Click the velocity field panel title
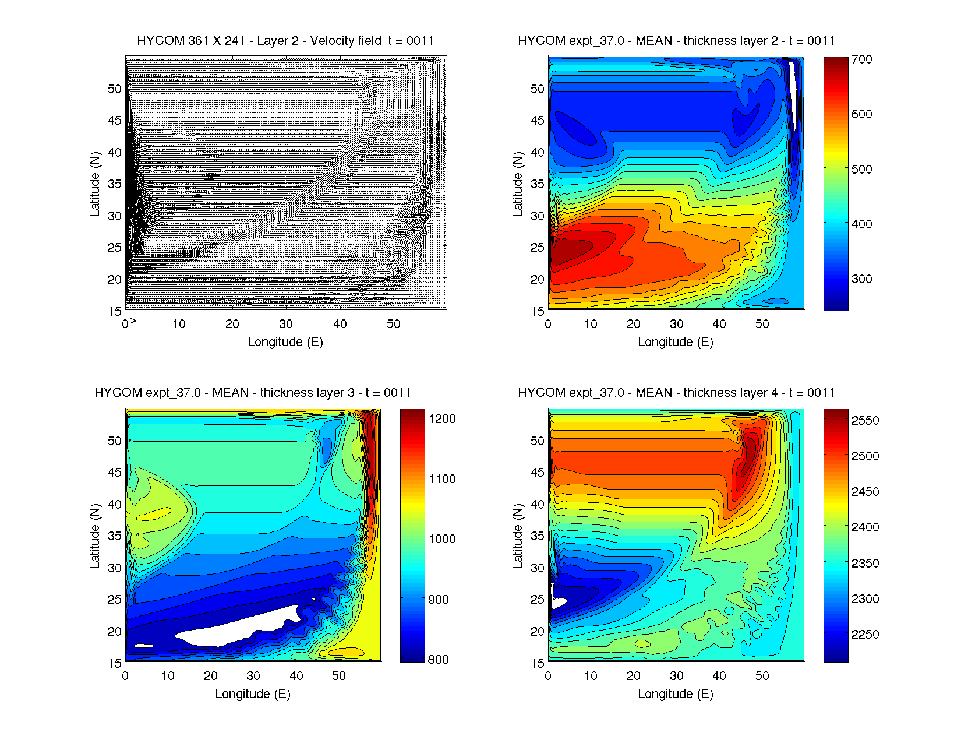point(285,41)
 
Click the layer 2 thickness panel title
point(676,41)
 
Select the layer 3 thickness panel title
point(253,393)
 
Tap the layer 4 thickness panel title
point(676,393)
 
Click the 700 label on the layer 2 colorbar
point(861,59)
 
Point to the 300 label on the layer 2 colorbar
point(861,279)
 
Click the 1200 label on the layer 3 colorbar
point(442,419)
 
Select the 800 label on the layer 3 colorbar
point(438,660)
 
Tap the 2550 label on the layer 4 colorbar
point(865,421)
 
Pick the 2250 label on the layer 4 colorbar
point(865,635)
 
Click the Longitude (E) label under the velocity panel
point(285,342)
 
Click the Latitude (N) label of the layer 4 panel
point(517,536)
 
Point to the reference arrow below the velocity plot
point(133,321)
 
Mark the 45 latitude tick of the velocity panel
point(115,121)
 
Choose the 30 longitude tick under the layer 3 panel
point(253,676)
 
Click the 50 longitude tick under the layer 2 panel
point(762,324)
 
